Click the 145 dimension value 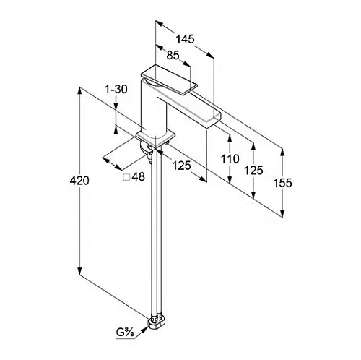pos(185,39)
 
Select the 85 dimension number pos(173,56)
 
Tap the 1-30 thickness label pos(116,90)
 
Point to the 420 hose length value pos(79,181)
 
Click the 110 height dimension pos(230,159)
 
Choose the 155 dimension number pos(282,183)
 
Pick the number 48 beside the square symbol pos(139,177)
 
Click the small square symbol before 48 pos(126,177)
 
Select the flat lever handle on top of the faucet pos(169,79)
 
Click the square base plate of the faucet pos(155,139)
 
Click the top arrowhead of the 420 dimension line pos(79,91)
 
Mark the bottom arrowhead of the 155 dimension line pos(282,213)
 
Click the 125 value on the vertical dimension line pos(253,171)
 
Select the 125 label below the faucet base pos(182,166)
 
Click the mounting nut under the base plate pos(146,149)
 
